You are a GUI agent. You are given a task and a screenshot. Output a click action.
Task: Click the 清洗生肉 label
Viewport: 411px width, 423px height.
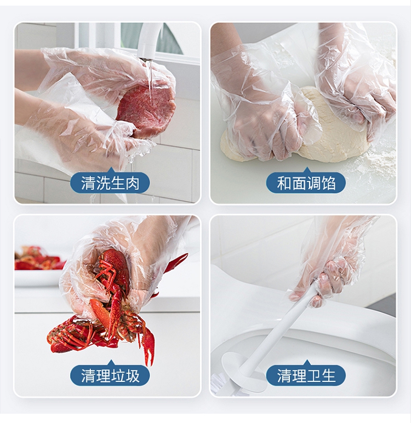pyautogui.click(x=110, y=183)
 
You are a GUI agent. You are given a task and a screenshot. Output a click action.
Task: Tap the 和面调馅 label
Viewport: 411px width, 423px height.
pyautogui.click(x=306, y=183)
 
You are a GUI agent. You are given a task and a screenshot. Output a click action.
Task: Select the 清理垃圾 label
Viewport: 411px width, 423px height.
pyautogui.click(x=110, y=375)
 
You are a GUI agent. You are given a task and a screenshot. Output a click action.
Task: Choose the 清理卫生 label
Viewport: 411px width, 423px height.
pyautogui.click(x=306, y=375)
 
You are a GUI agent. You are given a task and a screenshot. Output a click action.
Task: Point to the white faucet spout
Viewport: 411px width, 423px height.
pyautogui.click(x=151, y=40)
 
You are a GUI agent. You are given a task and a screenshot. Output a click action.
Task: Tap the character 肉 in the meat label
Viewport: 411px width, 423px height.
pyautogui.click(x=132, y=183)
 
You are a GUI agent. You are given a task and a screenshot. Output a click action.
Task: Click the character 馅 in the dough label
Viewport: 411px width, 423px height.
pyautogui.click(x=328, y=183)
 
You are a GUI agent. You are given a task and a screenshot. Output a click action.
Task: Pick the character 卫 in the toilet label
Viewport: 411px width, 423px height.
pyautogui.click(x=313, y=375)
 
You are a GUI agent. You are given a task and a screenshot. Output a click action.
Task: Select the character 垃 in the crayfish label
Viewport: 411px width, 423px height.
pyautogui.click(x=117, y=375)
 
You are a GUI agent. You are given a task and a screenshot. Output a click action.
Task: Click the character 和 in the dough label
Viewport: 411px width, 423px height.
pyautogui.click(x=284, y=183)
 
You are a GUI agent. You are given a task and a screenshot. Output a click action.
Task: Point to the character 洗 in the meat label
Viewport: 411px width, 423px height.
pyautogui.click(x=102, y=183)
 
